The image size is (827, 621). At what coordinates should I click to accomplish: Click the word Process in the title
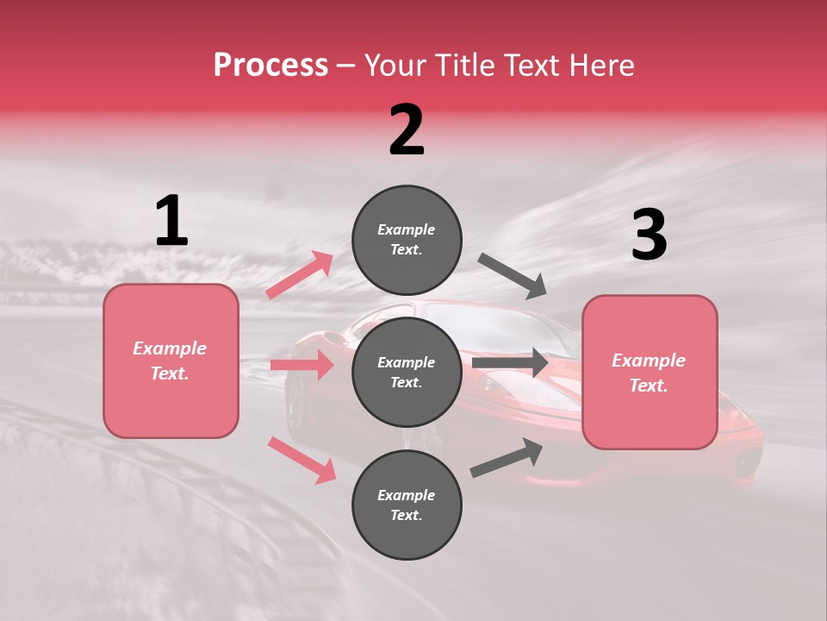pyautogui.click(x=270, y=66)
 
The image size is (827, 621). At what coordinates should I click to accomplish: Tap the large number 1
pyautogui.click(x=171, y=222)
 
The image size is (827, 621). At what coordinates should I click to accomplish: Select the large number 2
pyautogui.click(x=407, y=130)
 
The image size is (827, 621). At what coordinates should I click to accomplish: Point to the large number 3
pyautogui.click(x=649, y=235)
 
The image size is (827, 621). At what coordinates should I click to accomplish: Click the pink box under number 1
pyautogui.click(x=171, y=361)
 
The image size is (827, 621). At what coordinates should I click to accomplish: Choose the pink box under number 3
pyautogui.click(x=650, y=373)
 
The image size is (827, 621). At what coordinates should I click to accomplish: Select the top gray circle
pyautogui.click(x=407, y=240)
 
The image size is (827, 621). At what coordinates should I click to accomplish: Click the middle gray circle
pyautogui.click(x=407, y=372)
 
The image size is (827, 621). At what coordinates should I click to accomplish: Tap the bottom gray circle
pyautogui.click(x=407, y=505)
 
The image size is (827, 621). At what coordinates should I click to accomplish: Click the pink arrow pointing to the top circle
pyautogui.click(x=300, y=275)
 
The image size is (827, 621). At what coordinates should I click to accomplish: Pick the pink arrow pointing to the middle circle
pyautogui.click(x=302, y=365)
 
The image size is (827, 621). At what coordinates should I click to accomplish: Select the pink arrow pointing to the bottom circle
pyautogui.click(x=302, y=459)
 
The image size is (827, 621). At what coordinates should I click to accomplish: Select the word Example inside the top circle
pyautogui.click(x=407, y=230)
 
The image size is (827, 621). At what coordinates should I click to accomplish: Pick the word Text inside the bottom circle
pyautogui.click(x=407, y=515)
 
